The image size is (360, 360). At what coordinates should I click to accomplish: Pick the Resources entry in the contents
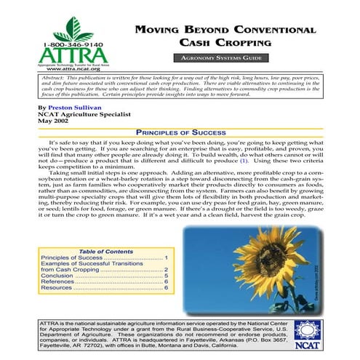[62, 288]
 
